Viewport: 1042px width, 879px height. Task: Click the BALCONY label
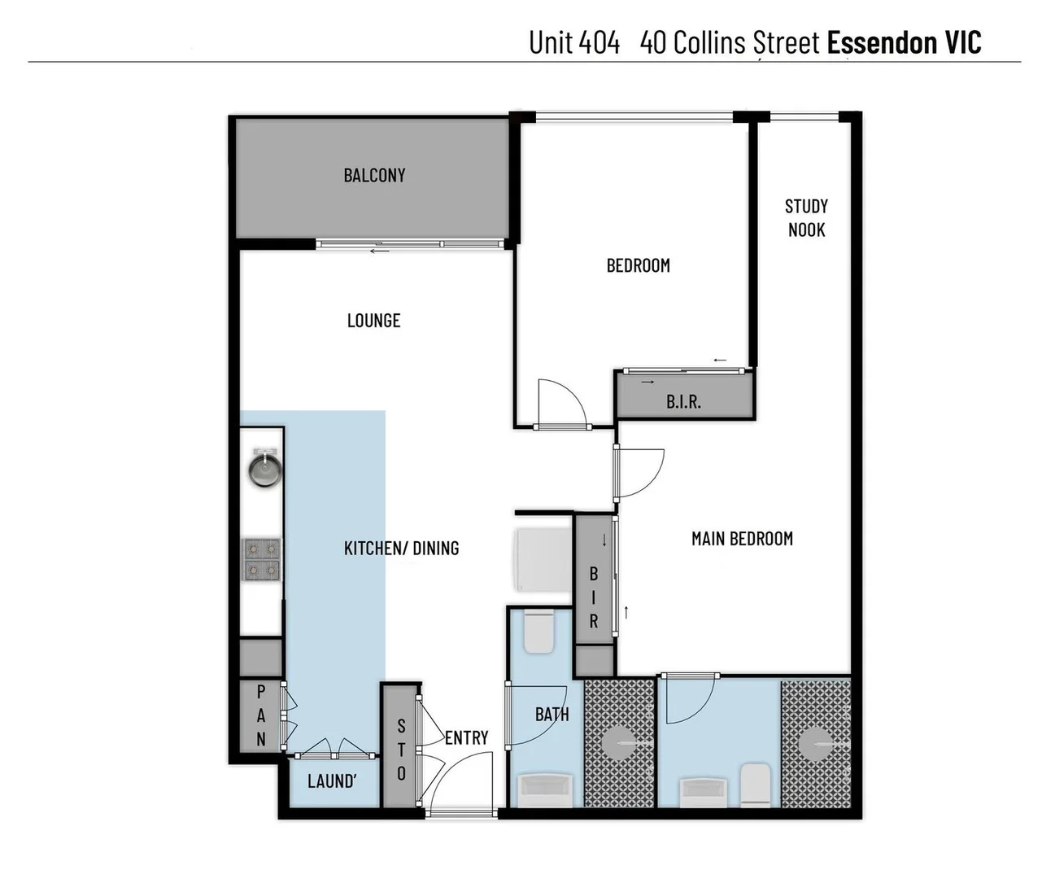pyautogui.click(x=374, y=175)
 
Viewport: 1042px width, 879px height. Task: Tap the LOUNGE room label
pyautogui.click(x=373, y=321)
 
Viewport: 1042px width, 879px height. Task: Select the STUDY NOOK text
pyautogui.click(x=806, y=218)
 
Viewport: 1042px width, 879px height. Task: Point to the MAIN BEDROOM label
pyautogui.click(x=742, y=539)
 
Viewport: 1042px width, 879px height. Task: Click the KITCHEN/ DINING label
pyautogui.click(x=401, y=549)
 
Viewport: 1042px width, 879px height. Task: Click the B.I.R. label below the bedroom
pyautogui.click(x=683, y=401)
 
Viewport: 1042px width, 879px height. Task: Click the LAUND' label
pyautogui.click(x=332, y=781)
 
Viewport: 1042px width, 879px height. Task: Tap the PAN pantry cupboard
pyautogui.click(x=260, y=715)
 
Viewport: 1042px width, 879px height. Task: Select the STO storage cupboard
pyautogui.click(x=401, y=750)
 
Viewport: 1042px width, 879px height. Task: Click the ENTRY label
pyautogui.click(x=466, y=737)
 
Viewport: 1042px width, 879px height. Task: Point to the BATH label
pyautogui.click(x=552, y=715)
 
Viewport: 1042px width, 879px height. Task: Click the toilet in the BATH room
pyautogui.click(x=538, y=632)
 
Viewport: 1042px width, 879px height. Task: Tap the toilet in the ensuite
pyautogui.click(x=755, y=785)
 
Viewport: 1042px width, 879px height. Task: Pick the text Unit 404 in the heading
pyautogui.click(x=574, y=42)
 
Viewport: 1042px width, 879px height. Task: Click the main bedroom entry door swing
pyautogui.click(x=641, y=474)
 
